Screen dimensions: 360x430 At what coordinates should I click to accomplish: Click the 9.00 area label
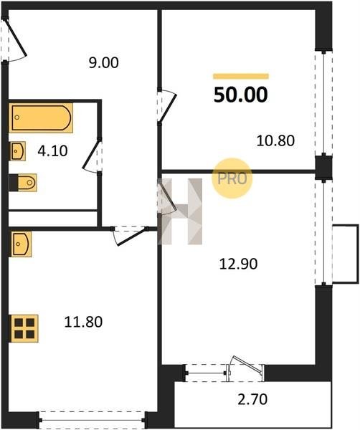(x=104, y=63)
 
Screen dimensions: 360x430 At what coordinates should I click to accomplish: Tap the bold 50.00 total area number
(x=241, y=95)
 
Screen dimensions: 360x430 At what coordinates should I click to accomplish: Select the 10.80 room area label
(x=275, y=140)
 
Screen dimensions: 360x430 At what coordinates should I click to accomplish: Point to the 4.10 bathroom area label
(x=52, y=151)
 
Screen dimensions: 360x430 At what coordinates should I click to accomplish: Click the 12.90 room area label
(x=238, y=264)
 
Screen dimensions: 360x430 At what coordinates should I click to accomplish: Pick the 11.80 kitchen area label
(x=83, y=322)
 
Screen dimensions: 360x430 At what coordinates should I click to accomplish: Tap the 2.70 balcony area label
(x=252, y=400)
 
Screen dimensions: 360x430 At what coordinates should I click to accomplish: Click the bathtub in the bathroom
(x=41, y=118)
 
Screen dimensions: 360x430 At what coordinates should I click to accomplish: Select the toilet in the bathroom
(x=23, y=182)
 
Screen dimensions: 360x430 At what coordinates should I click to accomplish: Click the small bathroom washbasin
(x=18, y=151)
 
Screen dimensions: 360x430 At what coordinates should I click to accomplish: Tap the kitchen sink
(x=21, y=244)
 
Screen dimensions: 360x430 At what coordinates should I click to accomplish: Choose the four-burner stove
(x=24, y=328)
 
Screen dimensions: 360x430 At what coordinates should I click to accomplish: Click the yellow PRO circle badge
(x=232, y=178)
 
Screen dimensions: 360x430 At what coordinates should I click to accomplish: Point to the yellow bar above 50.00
(x=241, y=76)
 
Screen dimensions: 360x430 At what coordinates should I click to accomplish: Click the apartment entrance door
(x=14, y=39)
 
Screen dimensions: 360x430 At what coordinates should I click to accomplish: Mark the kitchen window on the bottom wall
(x=93, y=419)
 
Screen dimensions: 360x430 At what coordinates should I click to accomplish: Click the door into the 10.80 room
(x=166, y=106)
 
